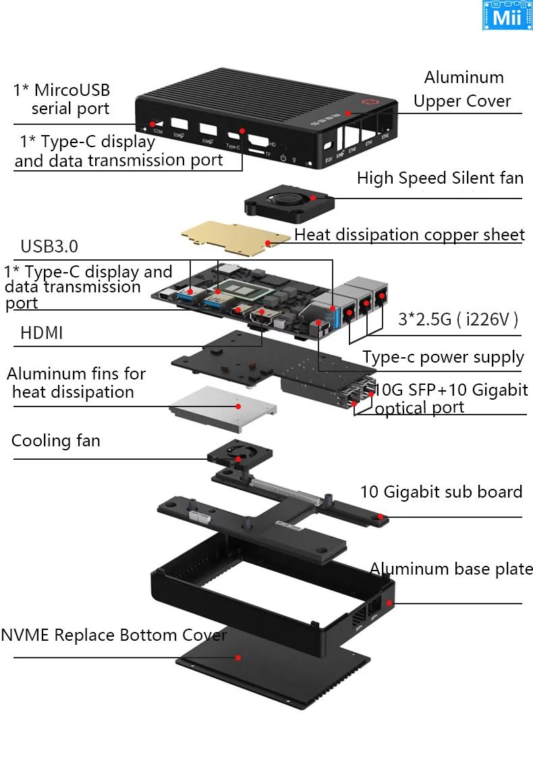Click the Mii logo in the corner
point(507,16)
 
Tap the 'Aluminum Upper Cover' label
point(462,89)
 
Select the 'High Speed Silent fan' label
point(440,178)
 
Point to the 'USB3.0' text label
point(49,246)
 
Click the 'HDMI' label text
point(42,333)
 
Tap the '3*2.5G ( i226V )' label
point(458,319)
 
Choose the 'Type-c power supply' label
point(443,357)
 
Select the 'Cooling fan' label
point(56,441)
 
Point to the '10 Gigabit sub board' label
point(441,492)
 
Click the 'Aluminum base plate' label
point(451,569)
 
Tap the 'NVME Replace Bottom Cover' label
point(113,635)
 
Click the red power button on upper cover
point(368,103)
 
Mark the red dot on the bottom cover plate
point(237,656)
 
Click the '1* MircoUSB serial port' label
point(61,99)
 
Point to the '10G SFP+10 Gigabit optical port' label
point(451,398)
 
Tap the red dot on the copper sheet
point(268,241)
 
